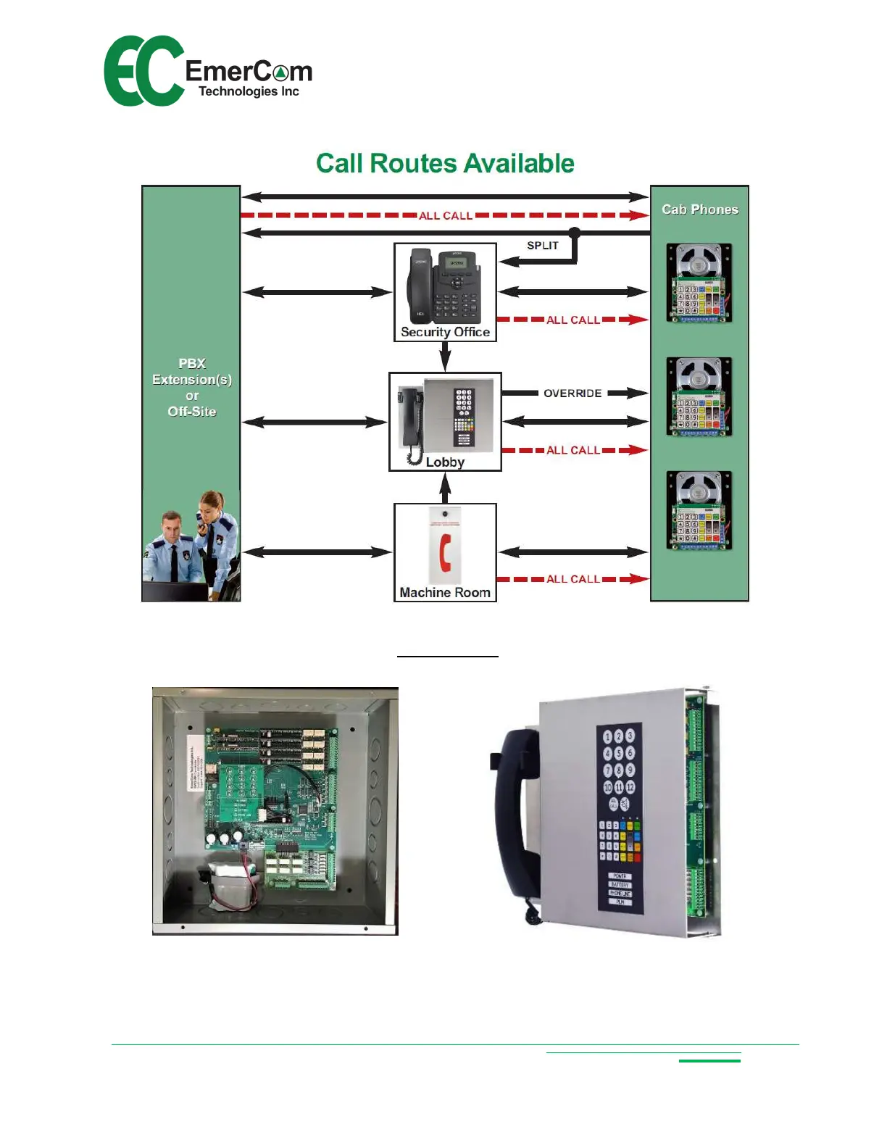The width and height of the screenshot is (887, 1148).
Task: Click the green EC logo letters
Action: click(x=143, y=71)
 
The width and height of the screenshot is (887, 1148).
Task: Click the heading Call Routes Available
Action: click(x=445, y=164)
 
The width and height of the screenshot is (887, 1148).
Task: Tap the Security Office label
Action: click(x=445, y=332)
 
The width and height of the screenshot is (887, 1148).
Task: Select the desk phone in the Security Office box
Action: click(x=446, y=287)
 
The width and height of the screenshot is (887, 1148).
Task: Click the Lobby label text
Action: click(x=445, y=462)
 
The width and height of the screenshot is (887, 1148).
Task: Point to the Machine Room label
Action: click(x=445, y=593)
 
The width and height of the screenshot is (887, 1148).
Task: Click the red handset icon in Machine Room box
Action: click(x=446, y=552)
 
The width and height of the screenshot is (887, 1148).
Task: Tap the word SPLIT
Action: click(x=543, y=246)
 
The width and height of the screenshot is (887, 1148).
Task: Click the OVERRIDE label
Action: click(x=572, y=394)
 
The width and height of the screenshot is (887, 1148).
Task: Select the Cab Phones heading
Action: click(x=700, y=209)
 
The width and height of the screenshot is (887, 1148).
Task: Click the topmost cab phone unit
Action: click(x=699, y=283)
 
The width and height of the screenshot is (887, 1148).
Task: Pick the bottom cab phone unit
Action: click(x=699, y=511)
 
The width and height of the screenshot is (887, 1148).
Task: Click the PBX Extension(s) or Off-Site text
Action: click(x=192, y=387)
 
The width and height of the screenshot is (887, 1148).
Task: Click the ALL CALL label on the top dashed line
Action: click(x=446, y=216)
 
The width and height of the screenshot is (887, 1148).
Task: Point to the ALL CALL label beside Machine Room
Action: click(x=572, y=579)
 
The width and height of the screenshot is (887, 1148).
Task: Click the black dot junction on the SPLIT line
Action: click(x=575, y=233)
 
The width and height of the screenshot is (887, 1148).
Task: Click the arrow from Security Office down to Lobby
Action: click(x=445, y=356)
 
